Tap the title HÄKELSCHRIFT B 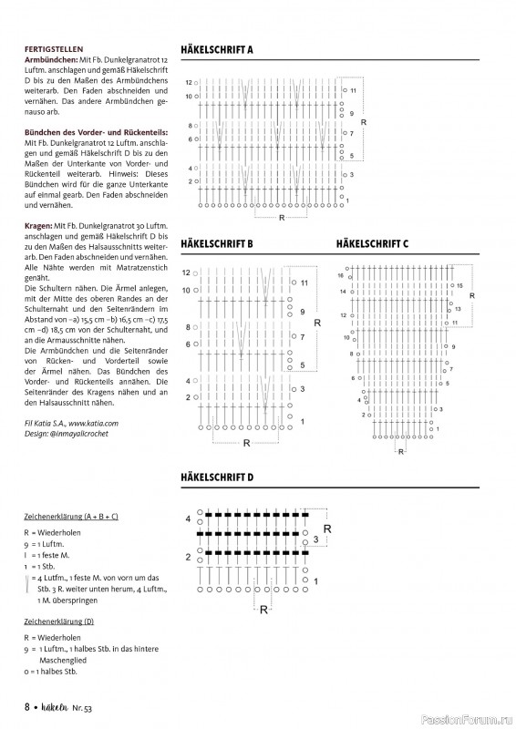tap(217, 244)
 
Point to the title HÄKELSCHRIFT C tap(372, 244)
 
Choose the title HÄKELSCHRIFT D tap(217, 477)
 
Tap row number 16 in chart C tap(341, 274)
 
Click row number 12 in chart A tap(190, 82)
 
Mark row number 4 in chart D tap(189, 519)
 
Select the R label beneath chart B tap(246, 443)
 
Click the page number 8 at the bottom tap(27, 706)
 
